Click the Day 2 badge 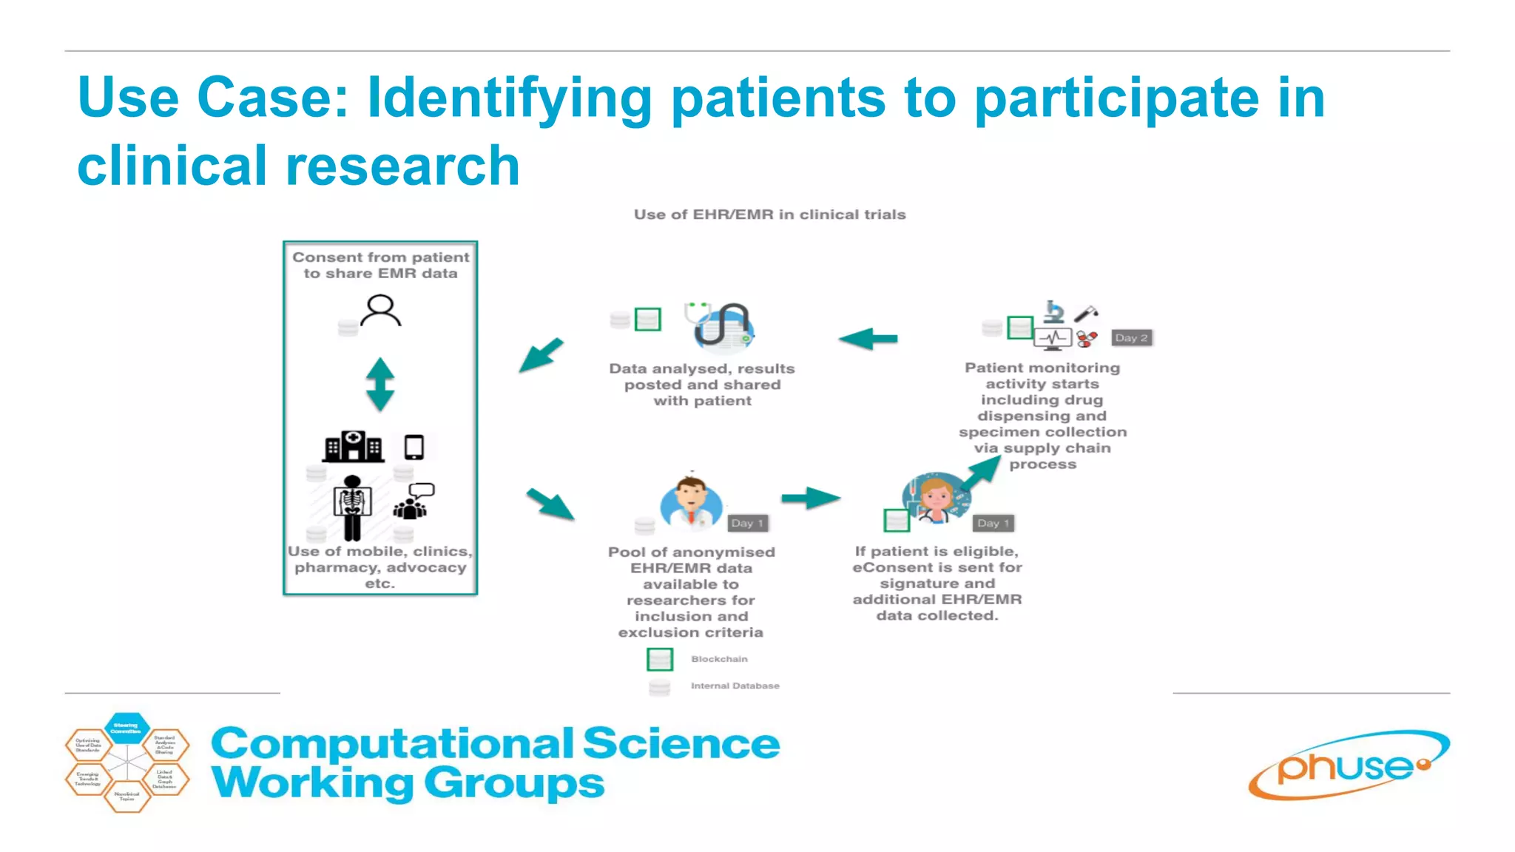(x=1131, y=338)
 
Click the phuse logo (x=1349, y=766)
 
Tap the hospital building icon (x=354, y=447)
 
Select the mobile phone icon (x=414, y=447)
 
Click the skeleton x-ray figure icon (x=352, y=507)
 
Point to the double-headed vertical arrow (x=380, y=385)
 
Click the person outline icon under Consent (x=380, y=311)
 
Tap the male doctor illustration (x=691, y=503)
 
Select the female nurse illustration (x=935, y=498)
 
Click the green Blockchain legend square (x=659, y=659)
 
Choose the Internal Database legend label (x=735, y=686)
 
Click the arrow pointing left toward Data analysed (x=868, y=339)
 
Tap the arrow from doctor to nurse (x=811, y=498)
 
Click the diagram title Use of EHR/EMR (x=769, y=214)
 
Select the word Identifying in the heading (x=509, y=98)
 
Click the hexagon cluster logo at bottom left (x=127, y=763)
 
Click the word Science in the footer (x=681, y=743)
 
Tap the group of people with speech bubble (x=413, y=501)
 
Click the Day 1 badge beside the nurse (x=993, y=523)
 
